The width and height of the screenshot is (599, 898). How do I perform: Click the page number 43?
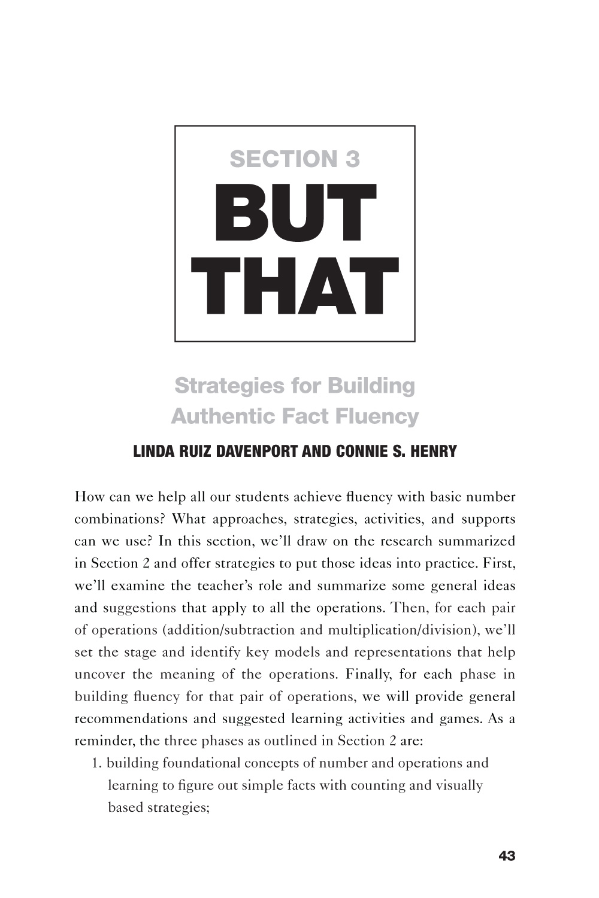point(506,856)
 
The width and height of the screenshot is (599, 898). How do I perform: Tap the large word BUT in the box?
point(295,214)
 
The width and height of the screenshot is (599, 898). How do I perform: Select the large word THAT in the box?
point(295,287)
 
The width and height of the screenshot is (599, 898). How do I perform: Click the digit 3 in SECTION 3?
point(352,159)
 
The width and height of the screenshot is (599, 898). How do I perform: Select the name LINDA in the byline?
point(153,451)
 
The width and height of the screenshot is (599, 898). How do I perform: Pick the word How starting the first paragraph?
point(88,497)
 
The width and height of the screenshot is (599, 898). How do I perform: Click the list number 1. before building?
point(96,763)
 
